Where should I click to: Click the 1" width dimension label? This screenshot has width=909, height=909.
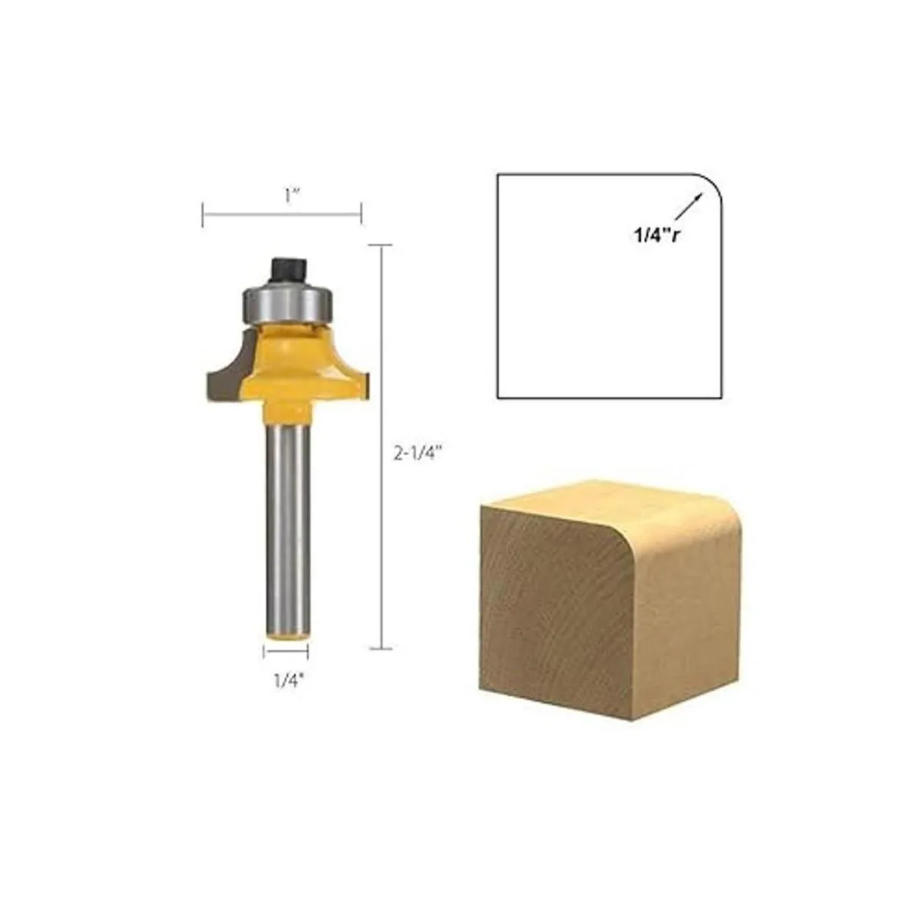(x=292, y=195)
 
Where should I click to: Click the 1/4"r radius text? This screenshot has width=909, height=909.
(x=656, y=235)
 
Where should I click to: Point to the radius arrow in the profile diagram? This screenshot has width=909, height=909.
(x=689, y=206)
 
